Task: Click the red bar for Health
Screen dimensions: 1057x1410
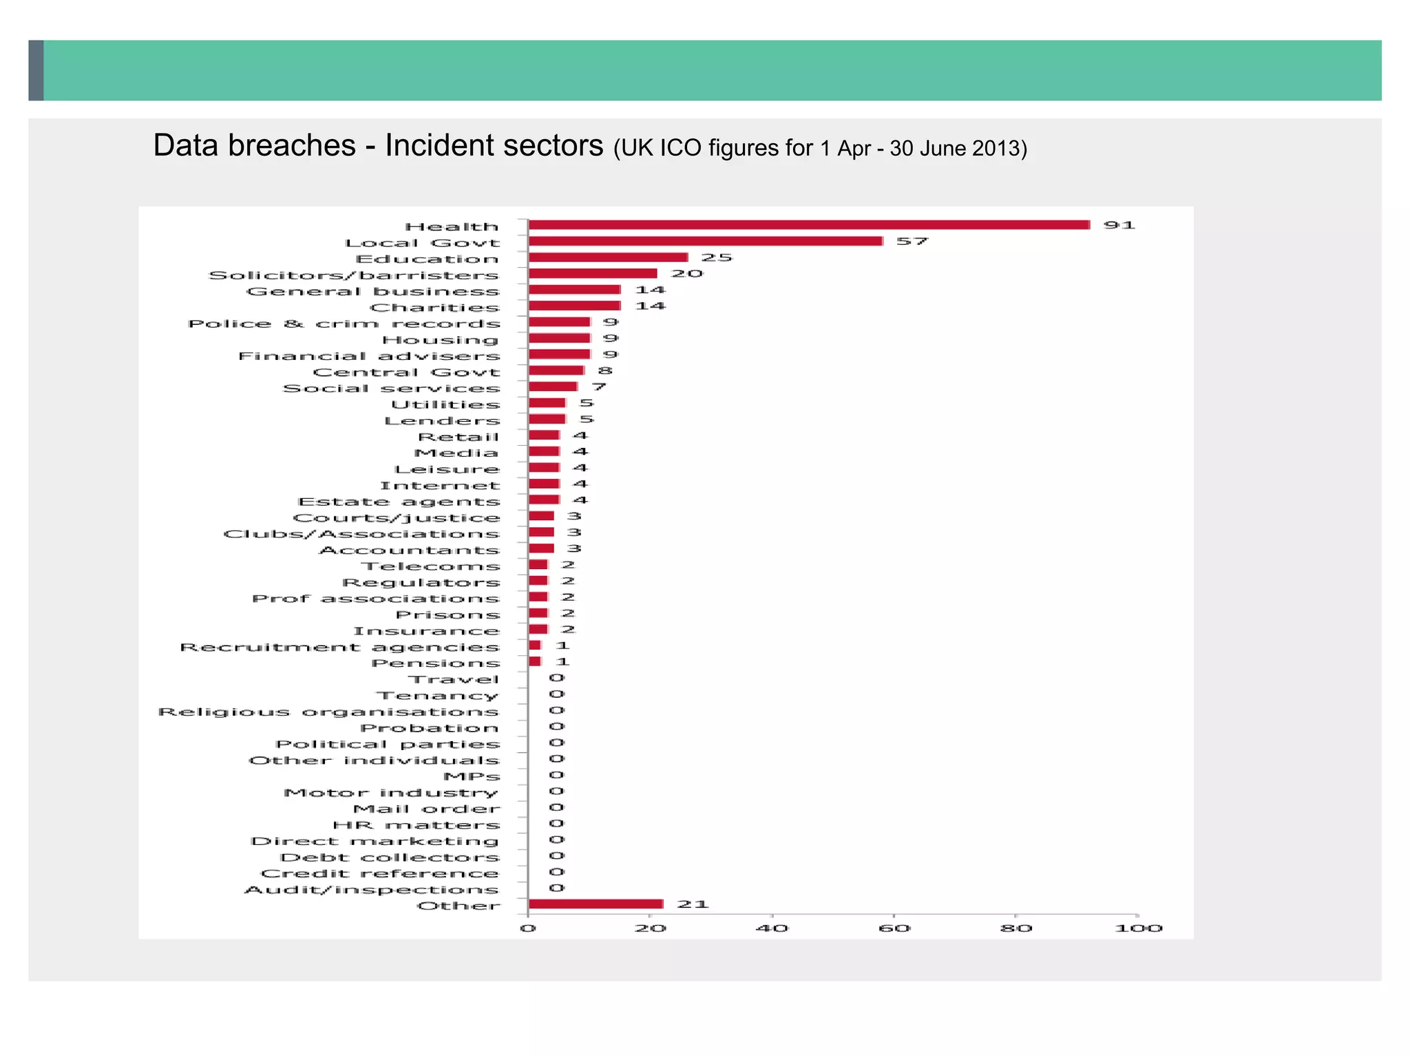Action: (809, 225)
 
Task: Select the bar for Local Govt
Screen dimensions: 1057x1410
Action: (706, 241)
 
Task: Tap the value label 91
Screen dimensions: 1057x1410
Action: (1119, 225)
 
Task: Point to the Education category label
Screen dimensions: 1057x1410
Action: (427, 259)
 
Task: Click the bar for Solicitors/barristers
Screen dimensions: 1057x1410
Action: (593, 273)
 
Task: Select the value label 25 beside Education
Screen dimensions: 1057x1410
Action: (717, 257)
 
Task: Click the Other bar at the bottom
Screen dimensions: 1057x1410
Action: (596, 904)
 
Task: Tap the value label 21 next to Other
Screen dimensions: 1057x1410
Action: (693, 904)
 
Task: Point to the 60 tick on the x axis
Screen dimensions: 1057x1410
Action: (894, 928)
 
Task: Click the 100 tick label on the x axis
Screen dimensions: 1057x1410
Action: (1138, 928)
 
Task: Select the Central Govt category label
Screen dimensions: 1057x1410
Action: (406, 372)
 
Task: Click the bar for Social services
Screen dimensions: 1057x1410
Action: (553, 387)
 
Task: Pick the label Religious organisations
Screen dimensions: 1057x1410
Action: (328, 712)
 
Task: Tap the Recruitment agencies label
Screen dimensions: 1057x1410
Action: (339, 647)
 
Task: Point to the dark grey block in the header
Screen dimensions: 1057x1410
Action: (36, 70)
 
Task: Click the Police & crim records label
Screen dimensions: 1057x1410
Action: (344, 323)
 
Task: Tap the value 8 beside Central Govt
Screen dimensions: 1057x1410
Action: (604, 371)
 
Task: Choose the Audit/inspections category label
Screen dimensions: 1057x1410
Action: (372, 890)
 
